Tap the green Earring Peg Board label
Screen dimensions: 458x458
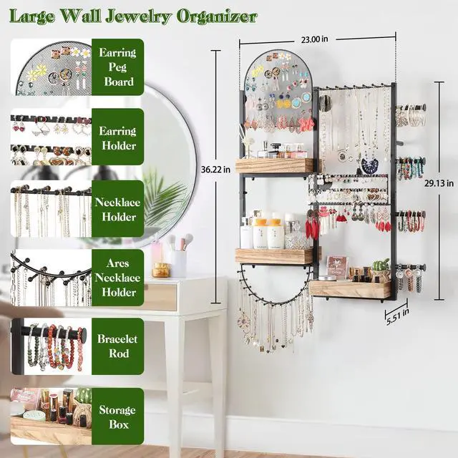(x=117, y=67)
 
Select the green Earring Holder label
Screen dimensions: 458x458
(x=117, y=138)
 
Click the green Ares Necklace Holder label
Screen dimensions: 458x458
(x=117, y=278)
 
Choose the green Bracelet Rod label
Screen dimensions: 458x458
(x=117, y=347)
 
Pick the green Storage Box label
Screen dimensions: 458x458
(x=117, y=417)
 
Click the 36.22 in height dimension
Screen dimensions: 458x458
(x=215, y=170)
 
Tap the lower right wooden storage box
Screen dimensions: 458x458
(x=351, y=288)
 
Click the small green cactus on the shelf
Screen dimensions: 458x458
(x=382, y=266)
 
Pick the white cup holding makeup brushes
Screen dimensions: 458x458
(x=177, y=263)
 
